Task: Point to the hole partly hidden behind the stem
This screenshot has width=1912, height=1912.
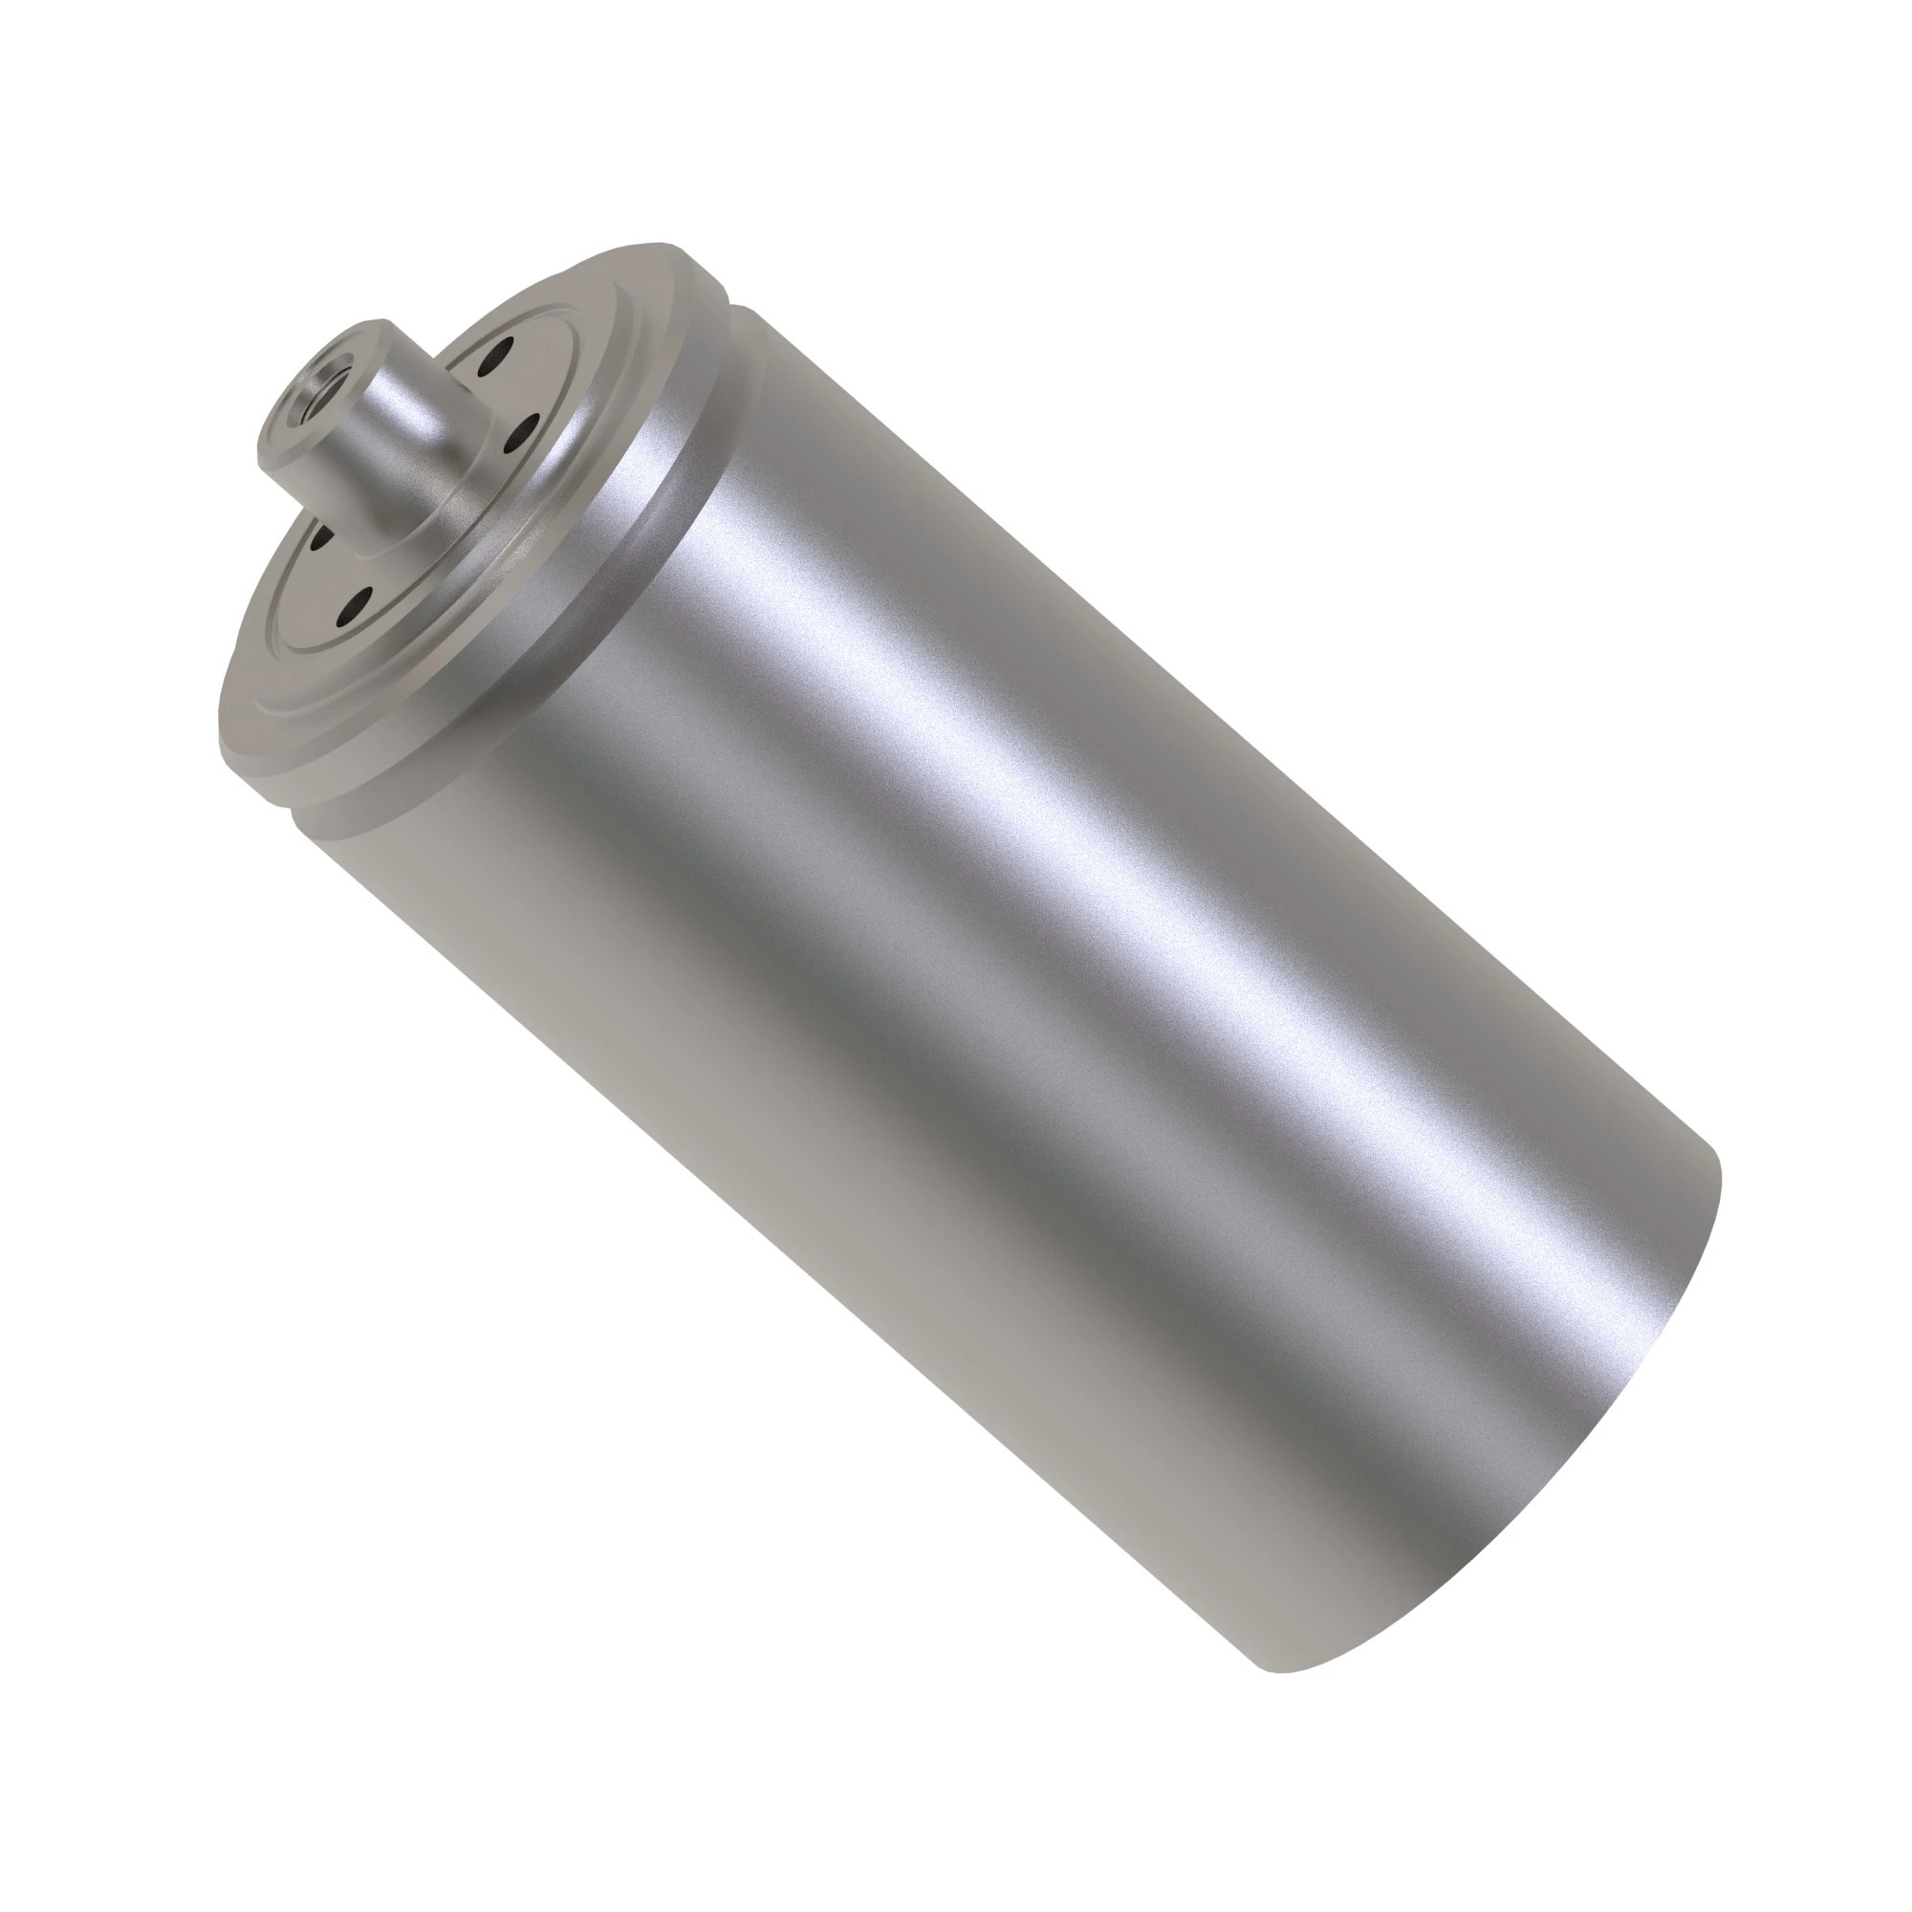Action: (321, 536)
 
